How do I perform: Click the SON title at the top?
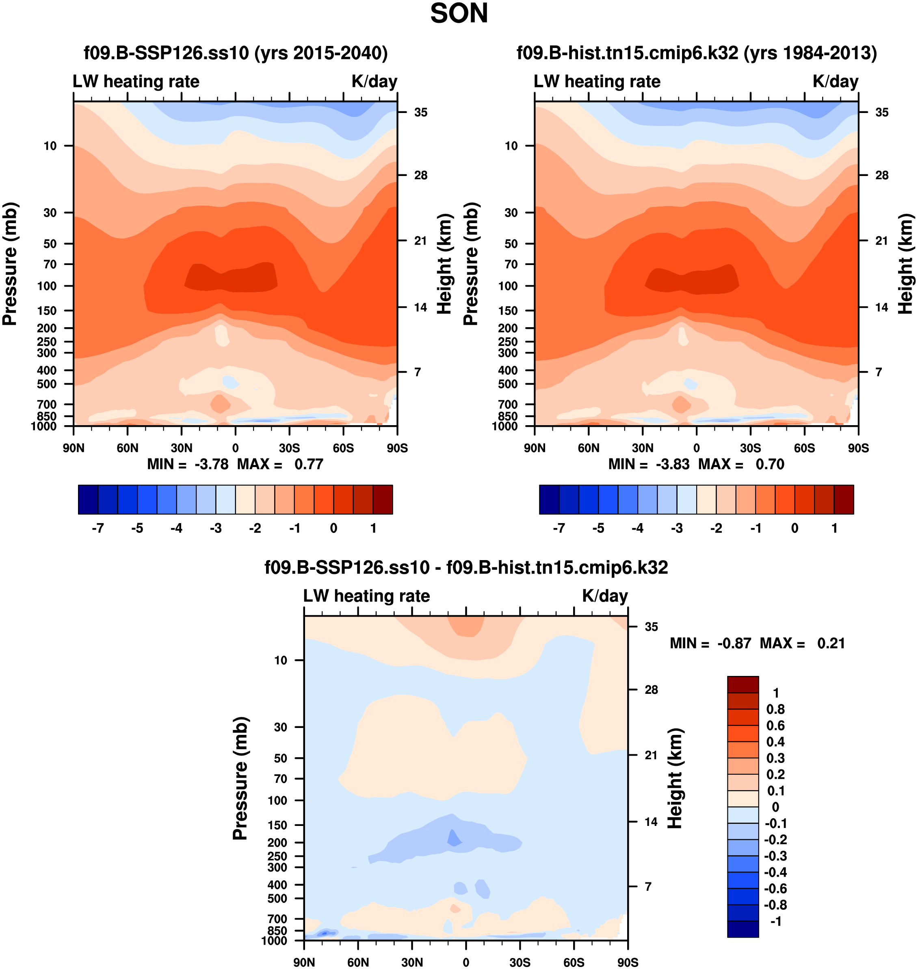coord(459,14)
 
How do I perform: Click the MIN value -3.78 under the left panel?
coord(211,464)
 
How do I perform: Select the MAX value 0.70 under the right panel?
coord(770,464)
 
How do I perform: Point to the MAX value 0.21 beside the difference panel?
coord(831,643)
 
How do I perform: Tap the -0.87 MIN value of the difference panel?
coord(734,643)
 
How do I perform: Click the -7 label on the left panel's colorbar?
coord(98,528)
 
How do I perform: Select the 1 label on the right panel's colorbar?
coord(834,528)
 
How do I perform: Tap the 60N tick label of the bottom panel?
coord(358,962)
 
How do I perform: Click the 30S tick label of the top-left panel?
coord(289,448)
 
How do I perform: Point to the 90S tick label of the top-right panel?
coord(858,448)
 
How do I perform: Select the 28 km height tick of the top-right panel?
coord(882,175)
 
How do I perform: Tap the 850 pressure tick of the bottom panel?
coord(277,931)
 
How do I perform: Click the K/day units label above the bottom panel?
coord(605,596)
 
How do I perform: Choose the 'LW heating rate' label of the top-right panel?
coord(597,81)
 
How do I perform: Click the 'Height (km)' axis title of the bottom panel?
coord(675,778)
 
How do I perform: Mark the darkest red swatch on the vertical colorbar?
coord(743,684)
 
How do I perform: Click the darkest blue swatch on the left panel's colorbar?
coord(88,500)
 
